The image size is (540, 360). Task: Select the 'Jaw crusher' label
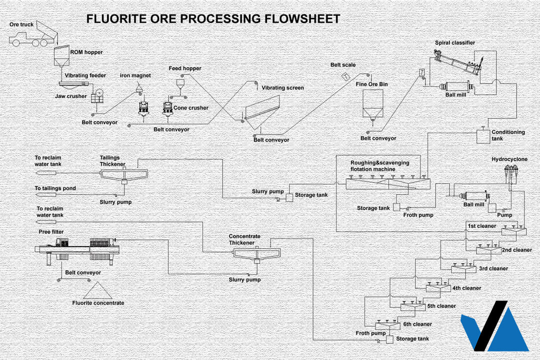[70, 96]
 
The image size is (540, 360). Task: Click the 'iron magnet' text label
[135, 75]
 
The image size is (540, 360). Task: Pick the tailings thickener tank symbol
[122, 174]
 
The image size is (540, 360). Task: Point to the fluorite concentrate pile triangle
[98, 290]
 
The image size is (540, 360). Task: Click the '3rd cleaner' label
[493, 268]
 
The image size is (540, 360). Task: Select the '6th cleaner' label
[417, 324]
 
